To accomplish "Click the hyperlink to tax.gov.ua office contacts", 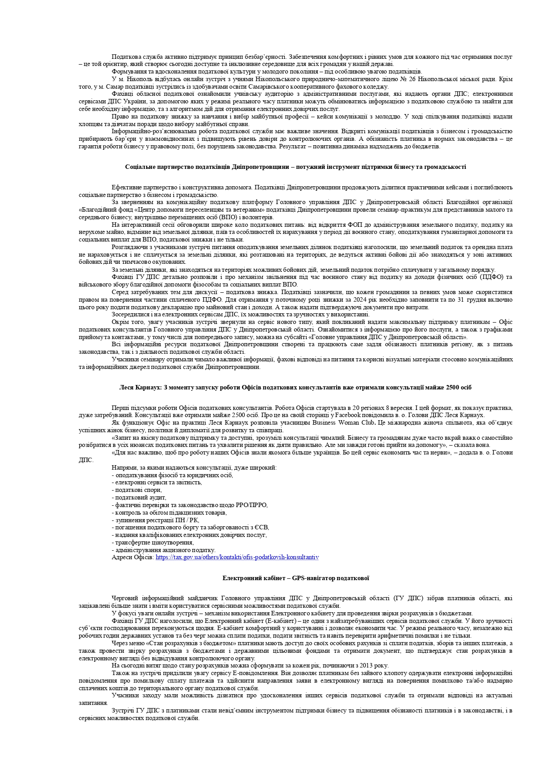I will pyautogui.click(x=237, y=557).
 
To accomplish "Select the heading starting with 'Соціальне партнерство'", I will pyautogui.click(x=295, y=167).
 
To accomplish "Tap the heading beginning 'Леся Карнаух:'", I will pyautogui.click(x=295, y=388).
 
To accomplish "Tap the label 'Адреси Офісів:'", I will pyautogui.click(x=133, y=557).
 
